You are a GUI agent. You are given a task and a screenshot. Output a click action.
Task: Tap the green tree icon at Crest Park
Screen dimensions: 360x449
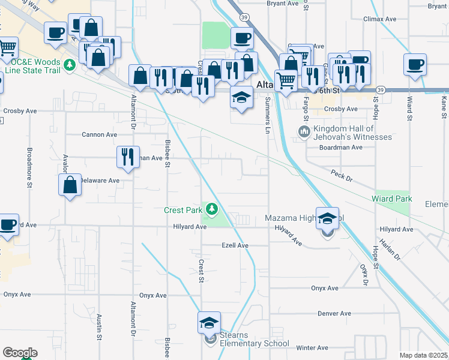click(x=211, y=209)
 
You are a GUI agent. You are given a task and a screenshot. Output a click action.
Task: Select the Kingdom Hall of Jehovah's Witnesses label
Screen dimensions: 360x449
click(x=352, y=133)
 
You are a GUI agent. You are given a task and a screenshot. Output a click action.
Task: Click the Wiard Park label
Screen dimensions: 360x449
click(x=391, y=199)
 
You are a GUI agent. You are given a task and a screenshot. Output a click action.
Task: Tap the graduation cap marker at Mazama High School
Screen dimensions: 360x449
click(x=327, y=218)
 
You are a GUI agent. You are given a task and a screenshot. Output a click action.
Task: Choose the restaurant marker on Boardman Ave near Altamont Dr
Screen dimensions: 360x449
click(x=127, y=157)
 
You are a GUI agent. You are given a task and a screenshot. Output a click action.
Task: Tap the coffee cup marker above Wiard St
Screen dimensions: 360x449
click(x=415, y=64)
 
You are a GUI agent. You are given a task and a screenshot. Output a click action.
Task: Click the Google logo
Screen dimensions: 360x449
click(x=20, y=353)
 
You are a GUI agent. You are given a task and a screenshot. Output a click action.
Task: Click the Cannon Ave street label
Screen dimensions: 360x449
click(x=99, y=135)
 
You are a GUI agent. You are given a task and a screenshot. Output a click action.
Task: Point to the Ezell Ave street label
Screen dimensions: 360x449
click(x=235, y=245)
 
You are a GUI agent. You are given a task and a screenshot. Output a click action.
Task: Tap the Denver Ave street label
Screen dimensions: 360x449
click(x=334, y=314)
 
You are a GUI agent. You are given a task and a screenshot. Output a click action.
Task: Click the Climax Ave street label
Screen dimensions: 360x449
click(x=380, y=19)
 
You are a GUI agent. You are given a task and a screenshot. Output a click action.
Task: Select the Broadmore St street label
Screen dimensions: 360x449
click(x=29, y=168)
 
